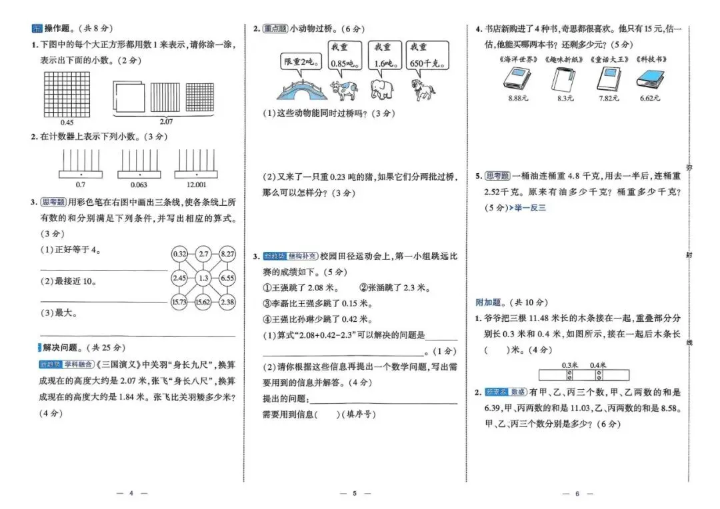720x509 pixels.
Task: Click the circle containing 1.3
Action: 203,277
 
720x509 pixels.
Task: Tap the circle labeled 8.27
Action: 227,254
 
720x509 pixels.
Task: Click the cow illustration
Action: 345,89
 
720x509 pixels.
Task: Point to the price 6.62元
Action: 649,98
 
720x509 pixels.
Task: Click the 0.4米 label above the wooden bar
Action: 598,364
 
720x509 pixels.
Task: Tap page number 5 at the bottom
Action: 355,493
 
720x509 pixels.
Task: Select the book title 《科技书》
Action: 650,59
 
